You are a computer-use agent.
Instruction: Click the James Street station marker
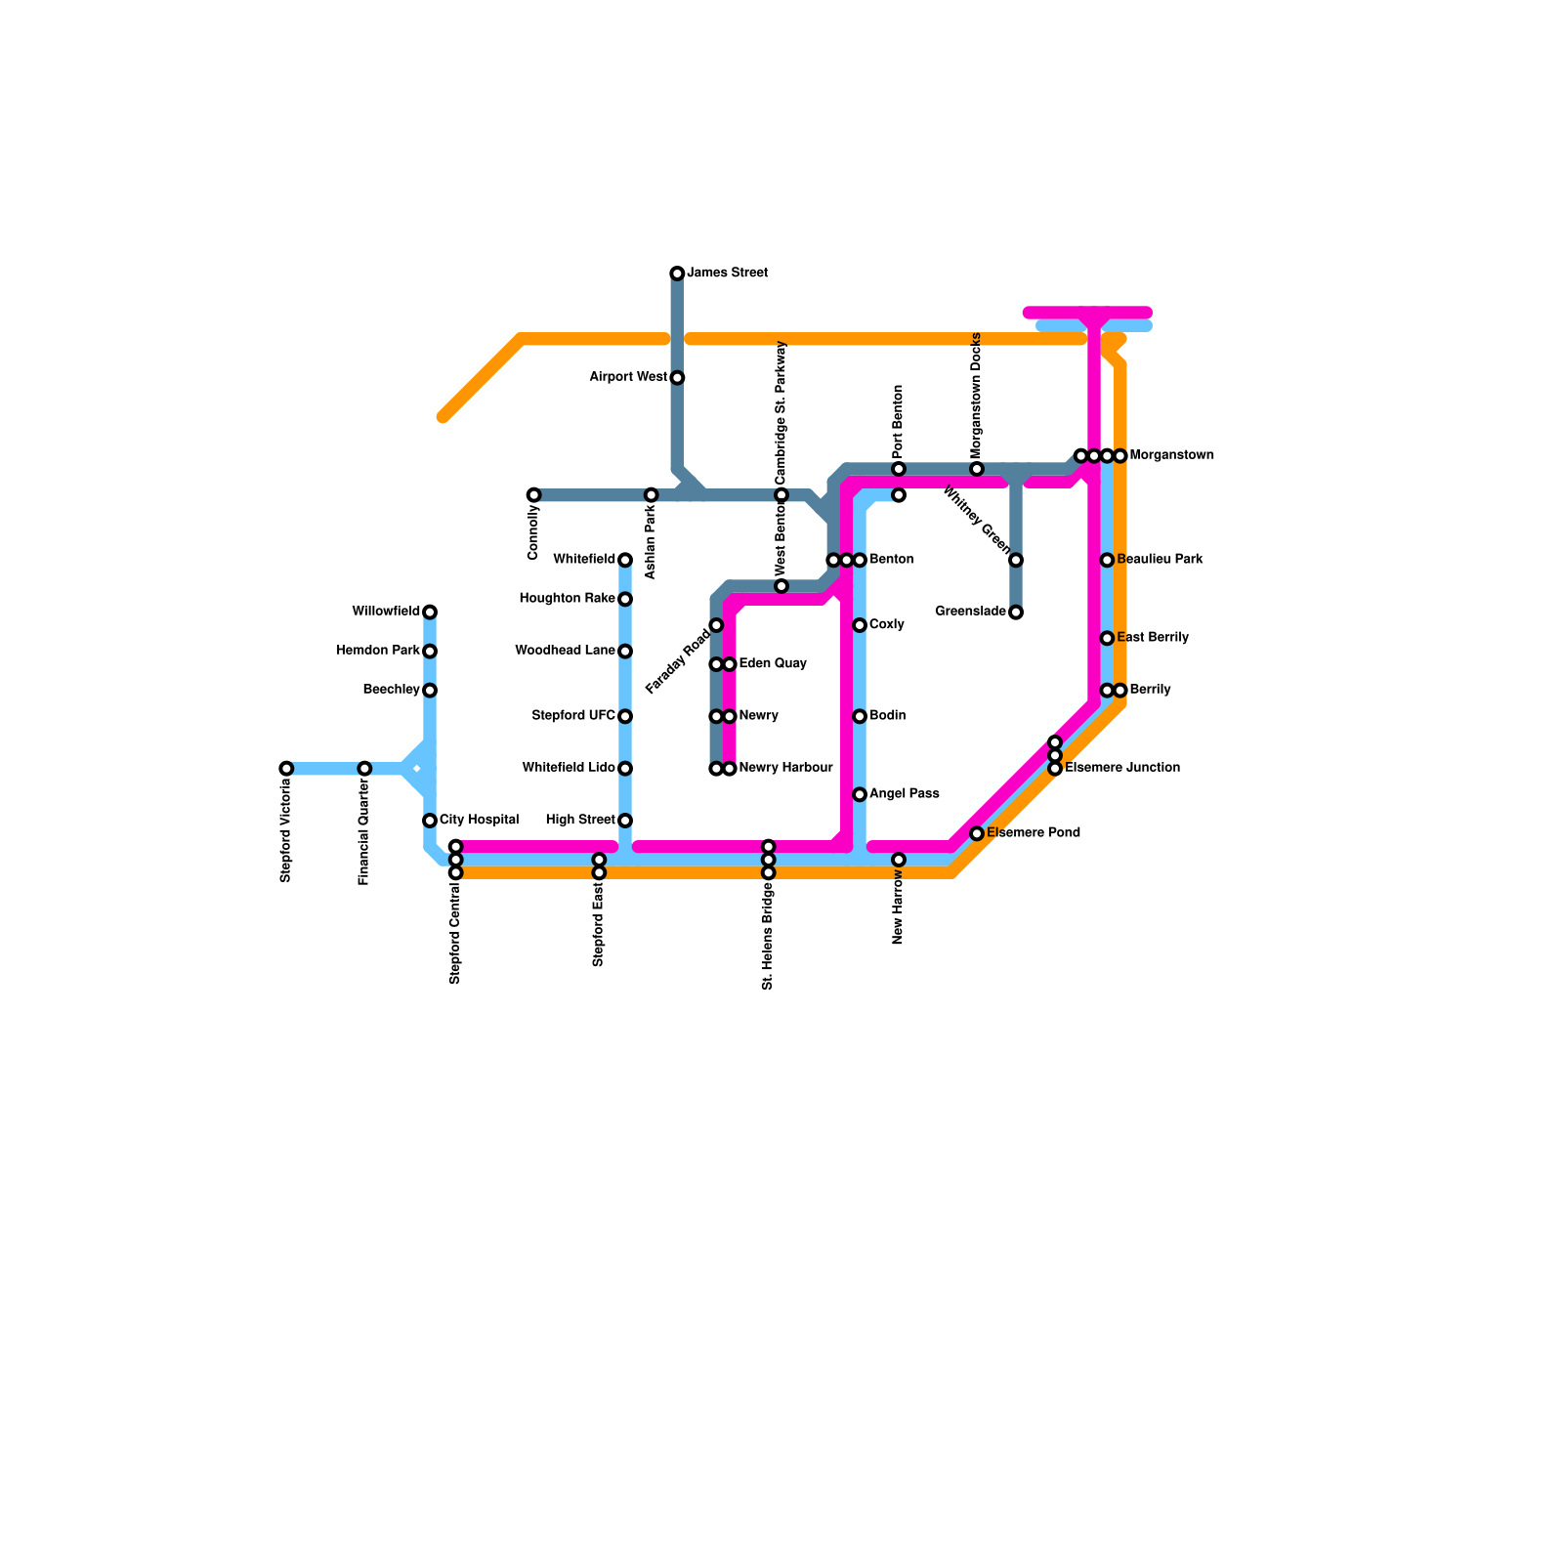[677, 274]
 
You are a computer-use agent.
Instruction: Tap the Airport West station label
[628, 377]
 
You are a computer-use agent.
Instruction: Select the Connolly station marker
[533, 495]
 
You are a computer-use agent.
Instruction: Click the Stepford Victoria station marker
[286, 769]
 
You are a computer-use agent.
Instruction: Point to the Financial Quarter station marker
[364, 769]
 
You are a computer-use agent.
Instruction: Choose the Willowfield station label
[386, 612]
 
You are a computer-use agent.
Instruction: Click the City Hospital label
[479, 820]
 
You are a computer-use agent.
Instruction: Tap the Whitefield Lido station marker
[625, 769]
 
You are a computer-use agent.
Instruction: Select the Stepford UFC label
[573, 716]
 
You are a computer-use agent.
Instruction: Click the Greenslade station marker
[1016, 613]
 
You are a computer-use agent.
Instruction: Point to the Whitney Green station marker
[1016, 560]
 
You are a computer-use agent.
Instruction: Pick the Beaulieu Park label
[1160, 560]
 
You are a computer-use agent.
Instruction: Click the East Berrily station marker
[1107, 638]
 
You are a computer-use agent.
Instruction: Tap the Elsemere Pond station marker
[977, 833]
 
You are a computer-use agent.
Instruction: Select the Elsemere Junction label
[1122, 768]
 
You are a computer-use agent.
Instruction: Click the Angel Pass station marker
[860, 794]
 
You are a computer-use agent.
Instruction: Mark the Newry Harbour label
[785, 768]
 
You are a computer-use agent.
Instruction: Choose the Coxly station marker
[860, 625]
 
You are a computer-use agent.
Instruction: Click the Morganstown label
[1171, 455]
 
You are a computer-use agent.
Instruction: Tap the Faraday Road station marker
[716, 625]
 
